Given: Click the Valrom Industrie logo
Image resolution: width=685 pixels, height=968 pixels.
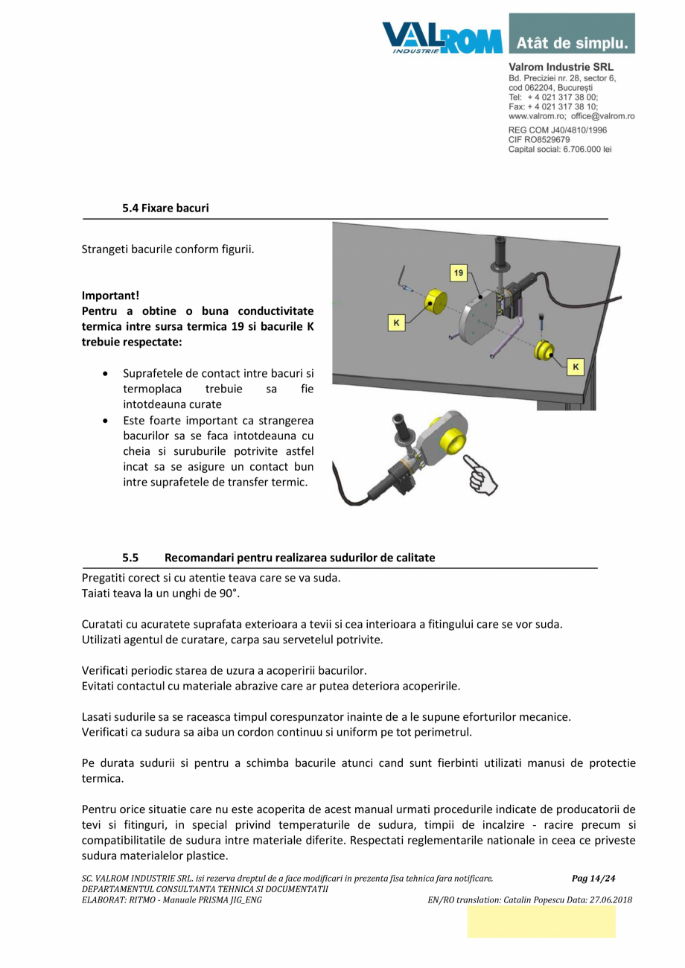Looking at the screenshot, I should pos(442,36).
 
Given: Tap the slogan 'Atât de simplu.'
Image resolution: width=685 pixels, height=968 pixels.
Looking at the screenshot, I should pos(572,42).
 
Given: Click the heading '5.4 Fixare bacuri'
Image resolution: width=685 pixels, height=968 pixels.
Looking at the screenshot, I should pos(165,208).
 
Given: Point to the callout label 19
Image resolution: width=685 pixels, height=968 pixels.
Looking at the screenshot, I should pos(459,273).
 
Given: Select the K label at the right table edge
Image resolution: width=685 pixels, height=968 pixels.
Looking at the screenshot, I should pos(576,366).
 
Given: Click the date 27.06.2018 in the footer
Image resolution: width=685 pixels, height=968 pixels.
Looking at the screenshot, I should pos(606,899).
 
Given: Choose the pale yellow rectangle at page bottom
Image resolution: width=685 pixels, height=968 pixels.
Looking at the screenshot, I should pos(541,922).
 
